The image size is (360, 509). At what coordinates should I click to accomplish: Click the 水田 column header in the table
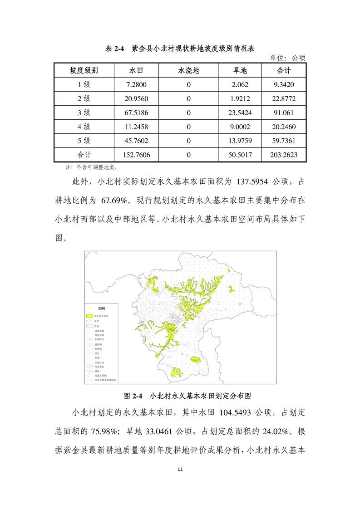pyautogui.click(x=136, y=70)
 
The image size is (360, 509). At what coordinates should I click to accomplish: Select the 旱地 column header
pyautogui.click(x=239, y=70)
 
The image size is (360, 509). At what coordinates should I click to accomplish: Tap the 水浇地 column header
pyautogui.click(x=188, y=70)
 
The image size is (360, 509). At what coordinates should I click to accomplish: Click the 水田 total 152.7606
pyautogui.click(x=136, y=155)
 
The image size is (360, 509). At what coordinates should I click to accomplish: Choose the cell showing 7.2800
pyautogui.click(x=136, y=84)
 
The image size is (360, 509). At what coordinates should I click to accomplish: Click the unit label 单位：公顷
pyautogui.click(x=288, y=58)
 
